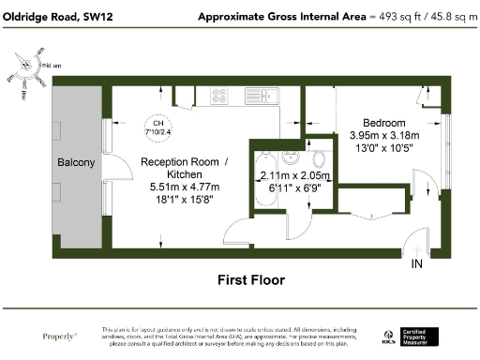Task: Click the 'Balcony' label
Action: (76, 163)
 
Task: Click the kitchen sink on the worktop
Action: (257, 95)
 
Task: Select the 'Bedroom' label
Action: (384, 123)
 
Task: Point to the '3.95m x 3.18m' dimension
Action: (384, 135)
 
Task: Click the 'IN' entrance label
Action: (417, 265)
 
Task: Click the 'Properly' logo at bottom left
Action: (60, 336)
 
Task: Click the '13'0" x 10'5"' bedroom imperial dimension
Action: (384, 148)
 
